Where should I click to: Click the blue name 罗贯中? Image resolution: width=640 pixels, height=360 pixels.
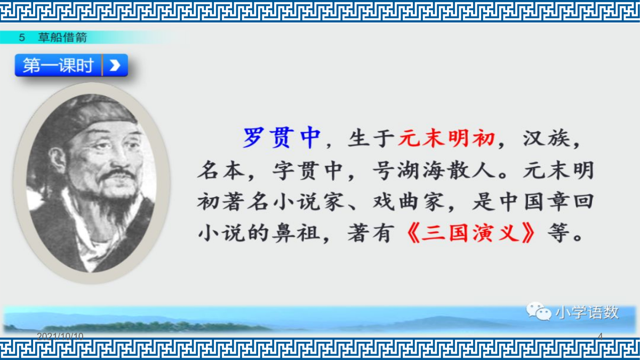(282, 138)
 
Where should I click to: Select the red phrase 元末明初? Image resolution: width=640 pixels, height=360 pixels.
(446, 138)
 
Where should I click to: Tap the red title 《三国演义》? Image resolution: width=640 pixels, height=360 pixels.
(470, 233)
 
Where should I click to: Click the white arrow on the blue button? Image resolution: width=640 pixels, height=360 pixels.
(115, 66)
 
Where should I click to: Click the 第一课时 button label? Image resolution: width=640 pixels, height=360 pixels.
(58, 66)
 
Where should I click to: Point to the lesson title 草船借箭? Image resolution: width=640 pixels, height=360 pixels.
(62, 37)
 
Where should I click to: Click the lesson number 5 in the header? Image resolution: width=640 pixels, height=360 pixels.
(22, 37)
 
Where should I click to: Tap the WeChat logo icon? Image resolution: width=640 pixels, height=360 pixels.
(539, 311)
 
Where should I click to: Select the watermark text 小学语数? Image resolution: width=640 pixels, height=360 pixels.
(587, 313)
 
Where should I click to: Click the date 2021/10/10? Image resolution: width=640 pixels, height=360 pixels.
(60, 336)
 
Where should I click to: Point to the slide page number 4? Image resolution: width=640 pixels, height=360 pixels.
(601, 337)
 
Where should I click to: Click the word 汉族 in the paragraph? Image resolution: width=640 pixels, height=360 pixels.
(546, 138)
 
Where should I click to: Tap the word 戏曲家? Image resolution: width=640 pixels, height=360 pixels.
(409, 202)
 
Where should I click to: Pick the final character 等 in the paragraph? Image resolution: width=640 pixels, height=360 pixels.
(558, 233)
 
